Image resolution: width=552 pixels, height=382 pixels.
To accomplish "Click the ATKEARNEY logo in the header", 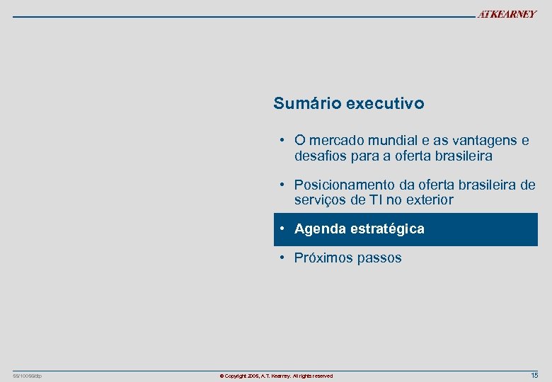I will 507,14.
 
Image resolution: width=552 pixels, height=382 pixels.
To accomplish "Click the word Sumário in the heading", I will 307,103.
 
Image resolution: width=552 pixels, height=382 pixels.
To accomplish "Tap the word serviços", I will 321,199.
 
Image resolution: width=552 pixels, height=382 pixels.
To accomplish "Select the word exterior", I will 429,199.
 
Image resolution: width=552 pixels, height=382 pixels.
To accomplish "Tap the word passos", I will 379,258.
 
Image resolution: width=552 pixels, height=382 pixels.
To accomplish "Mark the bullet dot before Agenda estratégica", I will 282,228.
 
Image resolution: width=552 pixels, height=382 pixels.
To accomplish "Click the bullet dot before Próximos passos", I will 282,257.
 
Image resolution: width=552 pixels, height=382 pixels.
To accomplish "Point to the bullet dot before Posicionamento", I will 282,184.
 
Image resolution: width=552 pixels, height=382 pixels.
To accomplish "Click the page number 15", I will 534,375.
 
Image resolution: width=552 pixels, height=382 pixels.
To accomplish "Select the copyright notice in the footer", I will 276,376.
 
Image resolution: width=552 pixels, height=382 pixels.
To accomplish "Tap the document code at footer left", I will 28,376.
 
